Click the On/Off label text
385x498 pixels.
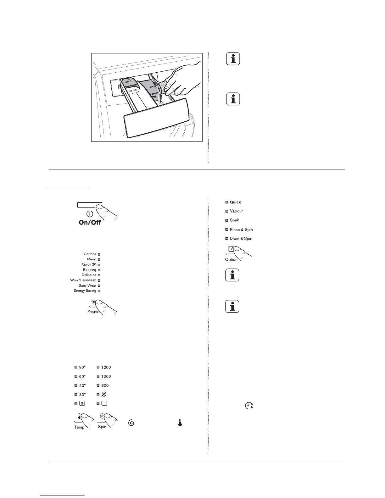[90, 222]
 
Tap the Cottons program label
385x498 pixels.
[90, 254]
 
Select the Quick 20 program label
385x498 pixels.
[89, 264]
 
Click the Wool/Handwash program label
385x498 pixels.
[83, 280]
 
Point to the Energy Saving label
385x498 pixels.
[83, 291]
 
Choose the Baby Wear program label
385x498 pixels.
[87, 285]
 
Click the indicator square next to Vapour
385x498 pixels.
[227, 211]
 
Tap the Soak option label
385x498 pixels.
[234, 220]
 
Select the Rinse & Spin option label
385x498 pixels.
[241, 230]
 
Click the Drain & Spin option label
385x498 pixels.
[241, 238]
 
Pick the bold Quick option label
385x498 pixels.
[235, 202]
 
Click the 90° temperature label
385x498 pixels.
[82, 367]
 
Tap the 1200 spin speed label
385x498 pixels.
[106, 367]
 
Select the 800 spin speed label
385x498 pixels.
[105, 385]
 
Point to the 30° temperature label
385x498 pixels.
[82, 395]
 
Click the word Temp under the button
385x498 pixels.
[79, 427]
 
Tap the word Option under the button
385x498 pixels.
[231, 260]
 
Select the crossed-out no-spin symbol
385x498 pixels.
[104, 394]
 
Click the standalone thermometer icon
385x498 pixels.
[180, 423]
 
